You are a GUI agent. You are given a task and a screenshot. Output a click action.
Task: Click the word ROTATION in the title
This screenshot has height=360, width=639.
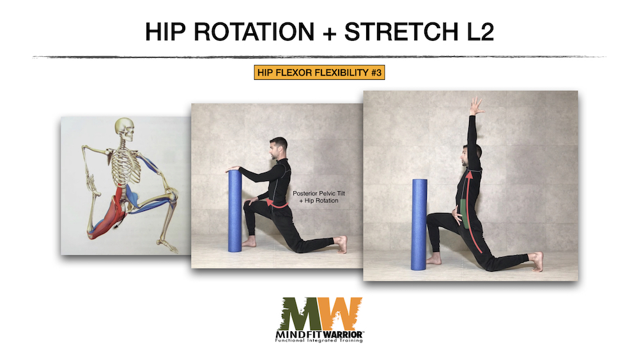[x=254, y=32]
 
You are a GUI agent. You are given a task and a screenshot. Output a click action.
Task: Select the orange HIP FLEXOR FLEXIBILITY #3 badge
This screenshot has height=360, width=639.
[x=319, y=72]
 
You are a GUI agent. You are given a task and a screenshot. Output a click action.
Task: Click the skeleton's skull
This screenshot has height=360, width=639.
[x=125, y=130]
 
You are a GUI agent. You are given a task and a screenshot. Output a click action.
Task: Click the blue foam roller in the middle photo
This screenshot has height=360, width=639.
[x=235, y=211]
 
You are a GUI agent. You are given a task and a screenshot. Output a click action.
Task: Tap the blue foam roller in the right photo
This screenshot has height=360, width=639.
[x=419, y=224]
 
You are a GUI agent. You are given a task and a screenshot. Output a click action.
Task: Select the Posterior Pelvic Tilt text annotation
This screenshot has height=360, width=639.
[x=319, y=197]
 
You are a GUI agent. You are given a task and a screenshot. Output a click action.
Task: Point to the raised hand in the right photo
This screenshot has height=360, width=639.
[x=476, y=106]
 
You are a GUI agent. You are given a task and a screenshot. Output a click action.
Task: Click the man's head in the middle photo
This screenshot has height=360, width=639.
[x=278, y=148]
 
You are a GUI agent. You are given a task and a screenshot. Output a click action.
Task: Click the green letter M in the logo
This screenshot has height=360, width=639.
[x=301, y=313]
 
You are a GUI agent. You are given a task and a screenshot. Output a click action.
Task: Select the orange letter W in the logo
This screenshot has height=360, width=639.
[x=341, y=313]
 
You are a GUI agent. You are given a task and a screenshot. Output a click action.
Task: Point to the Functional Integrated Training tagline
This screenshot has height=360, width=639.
[x=319, y=340]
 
